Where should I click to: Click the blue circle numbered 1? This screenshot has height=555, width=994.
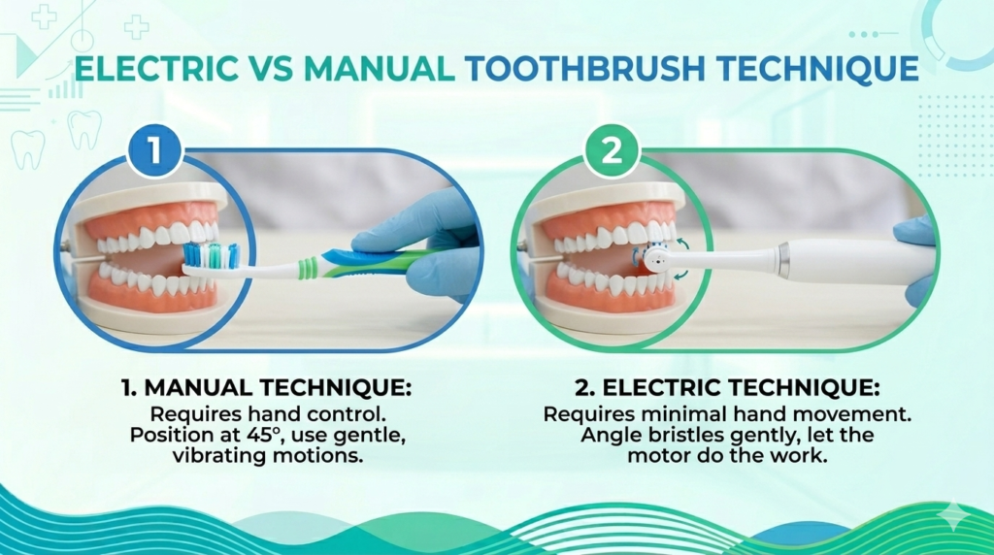(x=154, y=151)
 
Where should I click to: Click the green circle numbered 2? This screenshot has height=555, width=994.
(x=612, y=151)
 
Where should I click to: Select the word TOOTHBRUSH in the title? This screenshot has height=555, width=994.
(x=583, y=69)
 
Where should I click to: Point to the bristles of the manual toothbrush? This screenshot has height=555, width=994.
(x=212, y=254)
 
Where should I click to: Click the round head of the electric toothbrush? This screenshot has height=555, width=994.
(x=656, y=257)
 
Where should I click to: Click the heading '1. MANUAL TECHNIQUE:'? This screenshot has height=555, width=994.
(x=267, y=388)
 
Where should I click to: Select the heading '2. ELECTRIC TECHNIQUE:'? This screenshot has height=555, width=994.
(x=727, y=388)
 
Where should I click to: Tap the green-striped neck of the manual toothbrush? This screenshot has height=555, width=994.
(x=308, y=267)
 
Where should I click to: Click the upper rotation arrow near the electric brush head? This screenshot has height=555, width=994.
(x=682, y=244)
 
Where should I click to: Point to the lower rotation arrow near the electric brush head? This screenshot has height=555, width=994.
(x=680, y=275)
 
